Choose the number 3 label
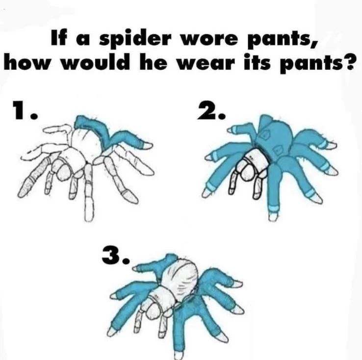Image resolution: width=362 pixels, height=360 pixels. point(114,255)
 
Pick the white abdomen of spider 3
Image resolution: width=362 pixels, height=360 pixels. point(182,277)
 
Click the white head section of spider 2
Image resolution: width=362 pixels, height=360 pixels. point(256,159)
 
